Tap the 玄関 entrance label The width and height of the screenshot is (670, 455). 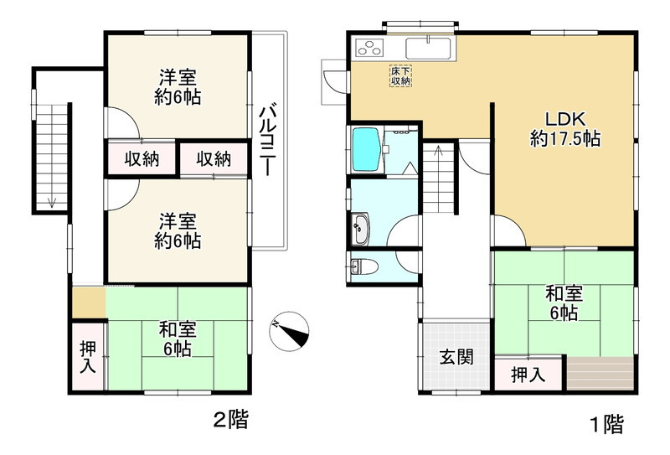click(456, 356)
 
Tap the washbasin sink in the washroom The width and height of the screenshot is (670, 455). click(361, 225)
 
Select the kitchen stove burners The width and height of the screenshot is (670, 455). click(371, 48)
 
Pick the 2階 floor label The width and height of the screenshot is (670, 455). click(229, 419)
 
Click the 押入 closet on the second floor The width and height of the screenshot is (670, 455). click(87, 357)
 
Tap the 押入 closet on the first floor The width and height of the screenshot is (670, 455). click(528, 375)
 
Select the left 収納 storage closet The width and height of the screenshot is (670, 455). click(142, 158)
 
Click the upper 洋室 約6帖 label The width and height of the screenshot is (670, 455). click(178, 87)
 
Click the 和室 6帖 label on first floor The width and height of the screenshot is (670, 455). click(563, 303)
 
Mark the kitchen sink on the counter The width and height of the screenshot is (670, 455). click(428, 47)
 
